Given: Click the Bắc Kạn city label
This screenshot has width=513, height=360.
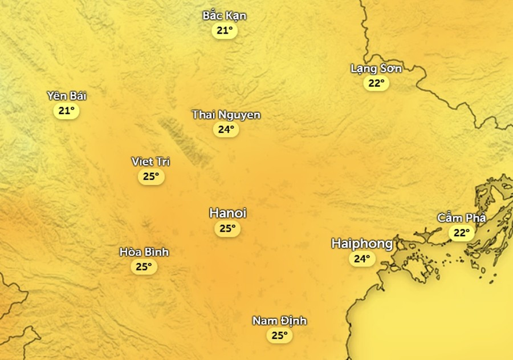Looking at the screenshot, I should pyautogui.click(x=225, y=15).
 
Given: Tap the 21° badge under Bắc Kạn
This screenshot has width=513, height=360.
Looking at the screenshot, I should pyautogui.click(x=225, y=30).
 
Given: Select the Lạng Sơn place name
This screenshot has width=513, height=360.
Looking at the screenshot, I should pyautogui.click(x=376, y=68).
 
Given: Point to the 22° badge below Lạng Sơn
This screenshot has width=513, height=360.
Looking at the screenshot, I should pyautogui.click(x=376, y=83).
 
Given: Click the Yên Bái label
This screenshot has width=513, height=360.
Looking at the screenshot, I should pyautogui.click(x=67, y=95).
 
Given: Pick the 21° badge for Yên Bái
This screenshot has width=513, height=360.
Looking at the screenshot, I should pyautogui.click(x=67, y=110).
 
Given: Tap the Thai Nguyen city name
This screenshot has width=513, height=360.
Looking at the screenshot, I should pyautogui.click(x=226, y=115).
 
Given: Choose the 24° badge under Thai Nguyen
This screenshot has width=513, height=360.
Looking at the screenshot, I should pyautogui.click(x=226, y=130).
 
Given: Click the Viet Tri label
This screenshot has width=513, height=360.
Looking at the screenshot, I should pyautogui.click(x=150, y=161).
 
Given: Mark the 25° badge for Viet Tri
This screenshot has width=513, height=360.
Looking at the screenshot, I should pyautogui.click(x=150, y=176).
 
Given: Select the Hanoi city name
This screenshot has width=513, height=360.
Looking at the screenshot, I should pyautogui.click(x=227, y=213).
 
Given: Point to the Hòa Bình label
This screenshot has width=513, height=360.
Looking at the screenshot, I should pyautogui.click(x=144, y=252).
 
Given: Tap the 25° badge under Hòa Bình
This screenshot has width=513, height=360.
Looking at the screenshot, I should pyautogui.click(x=144, y=266).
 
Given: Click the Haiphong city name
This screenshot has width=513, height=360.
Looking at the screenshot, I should pyautogui.click(x=362, y=244).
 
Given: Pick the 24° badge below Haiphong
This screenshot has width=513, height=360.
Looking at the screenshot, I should pyautogui.click(x=362, y=259).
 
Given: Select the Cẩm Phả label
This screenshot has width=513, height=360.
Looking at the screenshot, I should pyautogui.click(x=462, y=217).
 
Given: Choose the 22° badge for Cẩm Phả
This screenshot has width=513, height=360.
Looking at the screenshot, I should pyautogui.click(x=461, y=232).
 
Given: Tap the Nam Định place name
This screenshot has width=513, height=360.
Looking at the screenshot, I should pyautogui.click(x=279, y=321).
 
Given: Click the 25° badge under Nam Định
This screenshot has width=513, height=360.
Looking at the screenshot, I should pyautogui.click(x=279, y=335).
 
